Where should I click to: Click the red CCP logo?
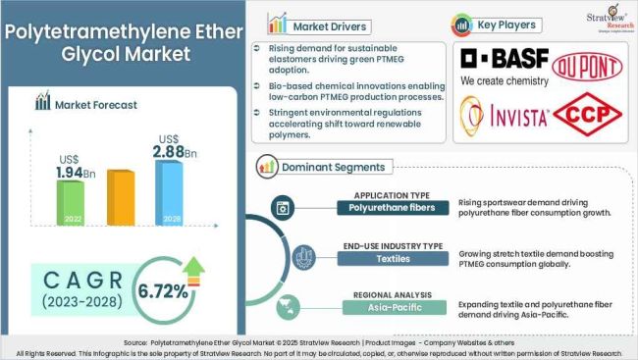coord(586,114)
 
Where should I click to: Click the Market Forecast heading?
coord(96,105)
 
